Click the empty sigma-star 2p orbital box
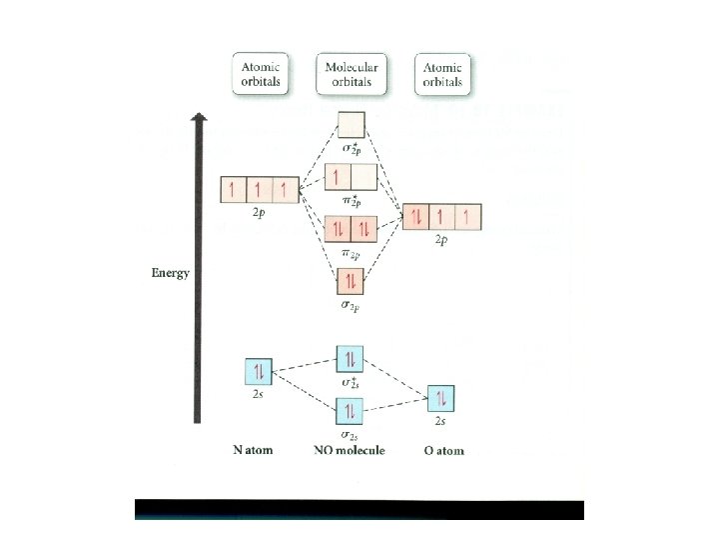[x=351, y=125]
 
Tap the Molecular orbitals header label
[x=350, y=74]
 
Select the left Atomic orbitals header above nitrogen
[x=261, y=74]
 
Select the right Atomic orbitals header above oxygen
[x=442, y=74]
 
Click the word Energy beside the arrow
[x=170, y=272]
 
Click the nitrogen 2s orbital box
[x=259, y=372]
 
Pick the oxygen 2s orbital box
[x=441, y=398]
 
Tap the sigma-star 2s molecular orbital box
[x=350, y=360]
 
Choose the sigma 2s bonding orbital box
[x=350, y=410]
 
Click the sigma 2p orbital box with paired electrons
[x=351, y=281]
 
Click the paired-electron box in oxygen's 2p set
[x=416, y=217]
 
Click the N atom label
[x=254, y=451]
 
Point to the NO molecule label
[x=350, y=451]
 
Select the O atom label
[x=443, y=451]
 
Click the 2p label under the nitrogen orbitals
[x=260, y=213]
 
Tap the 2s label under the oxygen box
[x=440, y=423]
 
